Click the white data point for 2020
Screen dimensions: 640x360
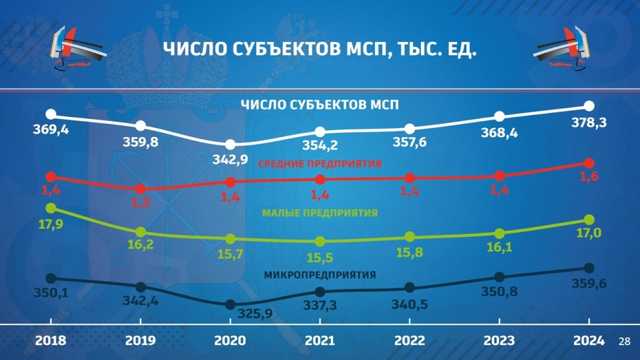[230, 144]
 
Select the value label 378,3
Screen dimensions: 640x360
[588, 122]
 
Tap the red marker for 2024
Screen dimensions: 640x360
[589, 164]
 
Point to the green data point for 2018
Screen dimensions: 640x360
[51, 208]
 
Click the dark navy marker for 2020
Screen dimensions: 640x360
[230, 304]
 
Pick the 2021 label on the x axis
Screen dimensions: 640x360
[320, 341]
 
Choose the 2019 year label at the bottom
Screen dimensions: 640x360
[140, 341]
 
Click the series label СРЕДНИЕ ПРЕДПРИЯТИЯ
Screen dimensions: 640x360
[320, 164]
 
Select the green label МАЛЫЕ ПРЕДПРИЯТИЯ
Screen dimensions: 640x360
[320, 213]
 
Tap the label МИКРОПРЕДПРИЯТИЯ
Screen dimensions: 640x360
[320, 275]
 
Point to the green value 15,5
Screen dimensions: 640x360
[320, 257]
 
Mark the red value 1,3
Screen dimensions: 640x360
[140, 202]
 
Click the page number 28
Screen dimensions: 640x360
[624, 341]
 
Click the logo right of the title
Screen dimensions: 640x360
[562, 48]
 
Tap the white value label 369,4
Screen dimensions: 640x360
[51, 130]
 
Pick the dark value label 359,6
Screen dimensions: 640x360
[588, 283]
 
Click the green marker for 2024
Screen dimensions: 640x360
[589, 220]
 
